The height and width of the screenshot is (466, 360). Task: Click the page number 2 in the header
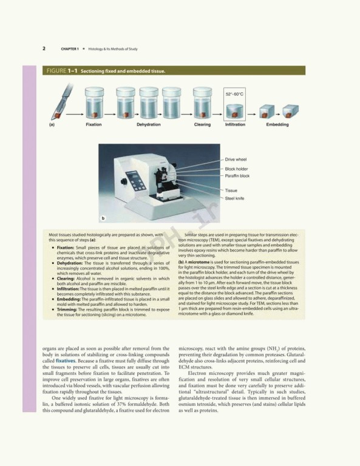tap(44, 48)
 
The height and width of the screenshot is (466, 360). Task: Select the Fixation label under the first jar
tap(93, 125)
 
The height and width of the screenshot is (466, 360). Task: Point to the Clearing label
tap(202, 125)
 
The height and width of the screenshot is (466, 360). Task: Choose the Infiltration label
tap(235, 125)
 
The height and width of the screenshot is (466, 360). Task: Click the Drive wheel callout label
tap(236, 160)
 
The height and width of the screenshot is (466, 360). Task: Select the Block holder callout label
tap(237, 169)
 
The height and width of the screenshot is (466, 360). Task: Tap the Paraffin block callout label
tap(237, 176)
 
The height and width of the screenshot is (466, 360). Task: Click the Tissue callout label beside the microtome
tap(231, 191)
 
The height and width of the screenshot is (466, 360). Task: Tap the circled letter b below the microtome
tap(103, 217)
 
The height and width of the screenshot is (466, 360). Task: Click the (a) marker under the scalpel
tap(52, 125)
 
